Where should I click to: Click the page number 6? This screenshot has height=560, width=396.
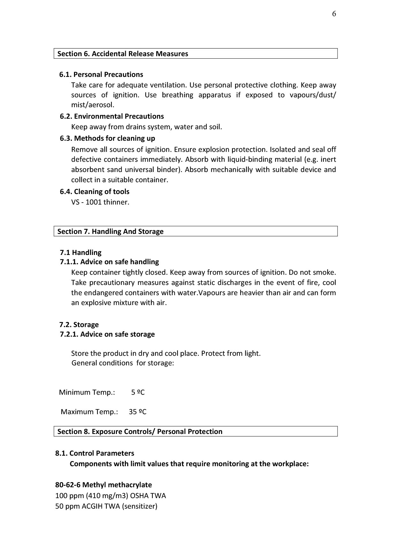click(334, 14)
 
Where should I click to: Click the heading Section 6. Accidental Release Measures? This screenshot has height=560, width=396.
click(123, 54)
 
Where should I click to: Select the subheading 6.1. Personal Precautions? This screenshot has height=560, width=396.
click(101, 74)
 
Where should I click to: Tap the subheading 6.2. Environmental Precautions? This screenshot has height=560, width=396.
click(112, 116)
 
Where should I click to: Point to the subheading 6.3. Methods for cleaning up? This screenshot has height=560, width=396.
click(107, 138)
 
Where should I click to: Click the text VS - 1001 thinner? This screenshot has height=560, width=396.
click(100, 202)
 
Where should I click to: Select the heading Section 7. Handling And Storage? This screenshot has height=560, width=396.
click(110, 231)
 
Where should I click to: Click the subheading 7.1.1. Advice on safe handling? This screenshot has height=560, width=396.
click(109, 262)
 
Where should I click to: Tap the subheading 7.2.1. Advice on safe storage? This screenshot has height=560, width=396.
click(107, 334)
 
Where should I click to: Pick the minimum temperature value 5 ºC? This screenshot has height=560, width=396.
click(138, 392)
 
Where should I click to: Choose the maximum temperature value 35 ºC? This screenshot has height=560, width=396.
click(138, 412)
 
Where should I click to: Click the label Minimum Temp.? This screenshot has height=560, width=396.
click(87, 392)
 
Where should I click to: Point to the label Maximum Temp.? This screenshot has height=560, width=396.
click(89, 412)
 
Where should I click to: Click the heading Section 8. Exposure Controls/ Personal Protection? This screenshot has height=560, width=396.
click(140, 431)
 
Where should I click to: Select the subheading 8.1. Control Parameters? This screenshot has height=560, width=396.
click(95, 453)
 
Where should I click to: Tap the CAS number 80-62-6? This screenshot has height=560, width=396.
click(68, 485)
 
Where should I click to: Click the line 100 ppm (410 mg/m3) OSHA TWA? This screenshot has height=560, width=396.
click(110, 496)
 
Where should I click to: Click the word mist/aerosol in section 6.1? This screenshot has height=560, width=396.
click(93, 105)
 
